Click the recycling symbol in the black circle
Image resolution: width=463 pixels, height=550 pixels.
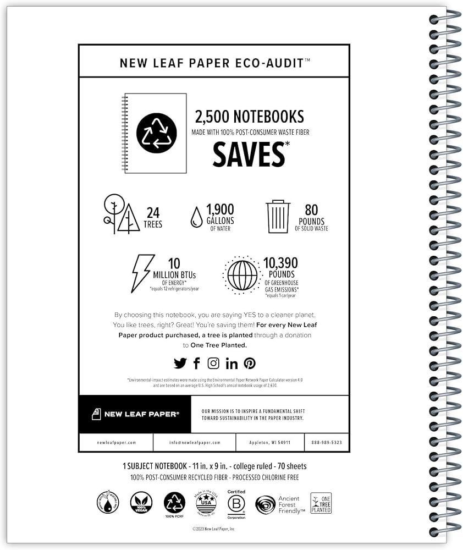click(156, 133)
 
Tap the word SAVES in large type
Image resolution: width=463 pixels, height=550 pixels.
click(249, 154)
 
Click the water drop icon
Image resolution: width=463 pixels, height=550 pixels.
click(196, 217)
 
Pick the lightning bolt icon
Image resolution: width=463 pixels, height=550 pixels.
click(142, 273)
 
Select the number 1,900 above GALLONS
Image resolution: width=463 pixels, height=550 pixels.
click(220, 208)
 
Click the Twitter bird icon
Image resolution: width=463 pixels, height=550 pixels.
click(180, 363)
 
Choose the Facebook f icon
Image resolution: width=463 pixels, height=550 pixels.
click(197, 363)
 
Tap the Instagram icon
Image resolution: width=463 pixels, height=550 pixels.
click(213, 363)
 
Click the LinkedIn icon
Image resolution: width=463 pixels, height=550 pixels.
click(232, 363)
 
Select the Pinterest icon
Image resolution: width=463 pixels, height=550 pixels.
click(250, 363)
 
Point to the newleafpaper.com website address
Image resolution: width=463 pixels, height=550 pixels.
click(116, 442)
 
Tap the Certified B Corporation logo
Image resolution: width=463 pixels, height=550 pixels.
click(236, 504)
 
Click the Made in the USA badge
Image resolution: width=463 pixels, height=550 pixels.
click(206, 503)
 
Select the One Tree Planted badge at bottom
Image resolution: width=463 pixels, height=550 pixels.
click(321, 503)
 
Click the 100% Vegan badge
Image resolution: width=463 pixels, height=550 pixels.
click(141, 502)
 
